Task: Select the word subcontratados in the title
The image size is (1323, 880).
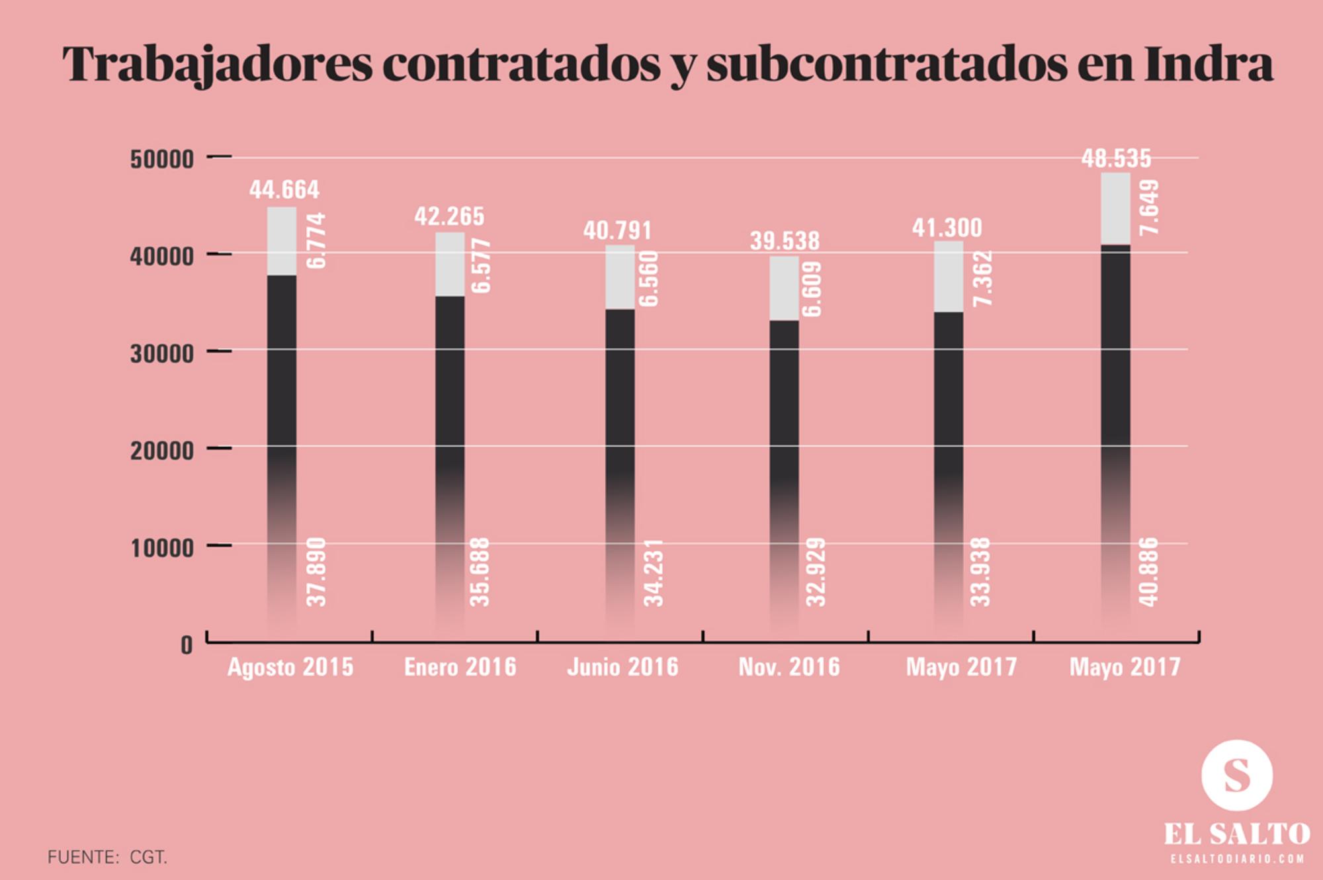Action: pyautogui.click(x=886, y=64)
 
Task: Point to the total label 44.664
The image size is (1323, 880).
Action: pyautogui.click(x=284, y=190)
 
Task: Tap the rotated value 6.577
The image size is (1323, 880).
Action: pyautogui.click(x=482, y=266)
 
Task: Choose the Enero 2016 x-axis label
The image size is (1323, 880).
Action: pyautogui.click(x=460, y=667)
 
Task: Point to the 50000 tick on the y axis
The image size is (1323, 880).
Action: pyautogui.click(x=162, y=159)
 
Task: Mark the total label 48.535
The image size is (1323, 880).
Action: pyautogui.click(x=1116, y=159)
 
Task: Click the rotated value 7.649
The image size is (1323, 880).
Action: pyautogui.click(x=1150, y=207)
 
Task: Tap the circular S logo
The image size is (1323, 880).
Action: pyautogui.click(x=1236, y=775)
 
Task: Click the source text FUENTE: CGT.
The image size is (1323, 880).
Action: pyautogui.click(x=107, y=858)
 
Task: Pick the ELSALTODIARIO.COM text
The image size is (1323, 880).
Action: pyautogui.click(x=1237, y=859)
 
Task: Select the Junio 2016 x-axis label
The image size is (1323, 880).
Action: pyautogui.click(x=623, y=667)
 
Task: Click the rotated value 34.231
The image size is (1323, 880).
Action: pyautogui.click(x=654, y=573)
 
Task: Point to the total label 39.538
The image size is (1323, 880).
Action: pyautogui.click(x=785, y=241)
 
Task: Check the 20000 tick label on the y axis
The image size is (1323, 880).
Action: pyautogui.click(x=162, y=451)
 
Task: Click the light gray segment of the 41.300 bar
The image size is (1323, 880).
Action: pyautogui.click(x=948, y=277)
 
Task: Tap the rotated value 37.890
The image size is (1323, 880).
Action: pyautogui.click(x=317, y=573)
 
